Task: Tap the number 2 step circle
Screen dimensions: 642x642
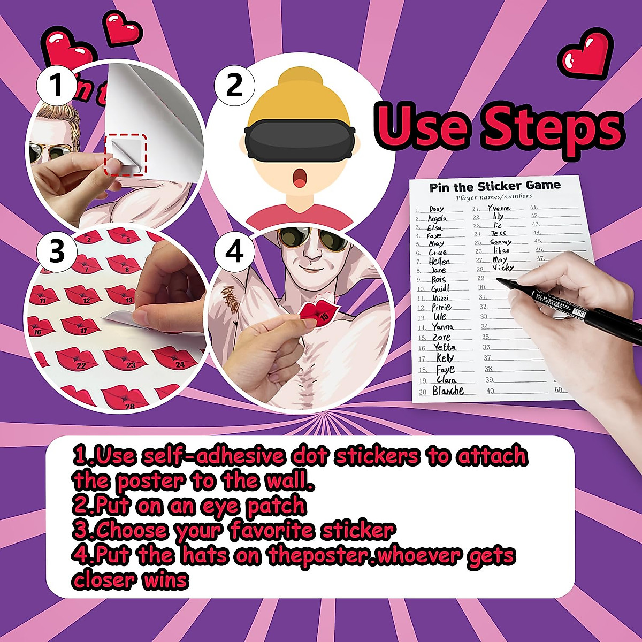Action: (234, 85)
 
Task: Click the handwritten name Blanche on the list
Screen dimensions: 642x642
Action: (448, 391)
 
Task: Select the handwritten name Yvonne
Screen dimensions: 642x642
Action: (499, 208)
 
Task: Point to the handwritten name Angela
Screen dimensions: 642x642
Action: (437, 218)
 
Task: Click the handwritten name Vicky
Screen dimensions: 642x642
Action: (502, 267)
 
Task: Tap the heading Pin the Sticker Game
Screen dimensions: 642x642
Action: (495, 186)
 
